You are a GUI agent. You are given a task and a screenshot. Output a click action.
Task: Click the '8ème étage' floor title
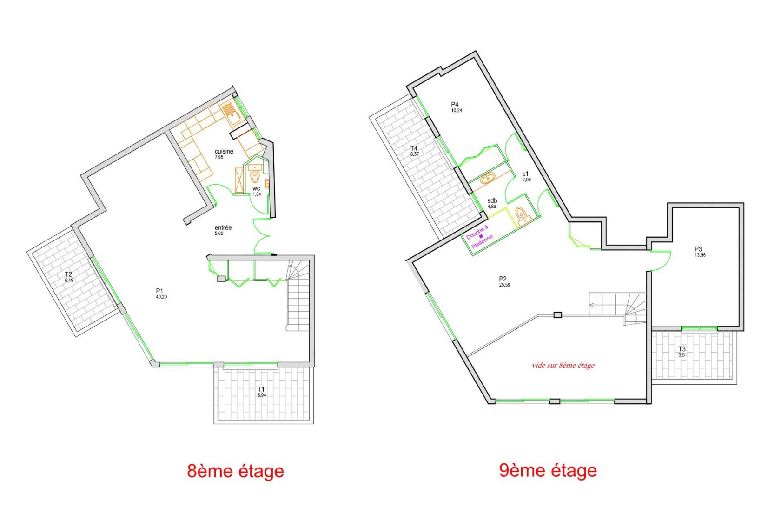tap(235, 471)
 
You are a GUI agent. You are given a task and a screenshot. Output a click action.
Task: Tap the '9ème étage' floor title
tap(548, 470)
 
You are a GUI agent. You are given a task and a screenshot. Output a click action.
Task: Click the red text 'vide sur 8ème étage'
tap(563, 365)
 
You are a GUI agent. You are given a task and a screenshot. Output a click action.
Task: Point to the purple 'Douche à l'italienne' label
tap(479, 237)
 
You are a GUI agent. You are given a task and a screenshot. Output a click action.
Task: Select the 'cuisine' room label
tap(224, 151)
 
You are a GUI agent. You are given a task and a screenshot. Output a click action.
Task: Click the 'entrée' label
tap(223, 227)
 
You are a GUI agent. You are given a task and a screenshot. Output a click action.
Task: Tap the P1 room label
tap(159, 291)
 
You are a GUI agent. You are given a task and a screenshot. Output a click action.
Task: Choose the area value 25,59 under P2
tap(504, 285)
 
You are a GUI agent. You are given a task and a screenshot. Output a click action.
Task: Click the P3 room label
tap(698, 249)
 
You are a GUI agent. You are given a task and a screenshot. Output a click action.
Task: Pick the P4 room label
tap(455, 104)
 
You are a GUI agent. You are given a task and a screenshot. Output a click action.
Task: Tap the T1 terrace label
tap(261, 389)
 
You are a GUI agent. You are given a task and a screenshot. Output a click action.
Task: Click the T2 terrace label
tap(68, 274)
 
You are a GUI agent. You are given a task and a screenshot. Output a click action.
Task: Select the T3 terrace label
tap(682, 349)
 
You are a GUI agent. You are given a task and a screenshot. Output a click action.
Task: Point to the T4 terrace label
tap(414, 148)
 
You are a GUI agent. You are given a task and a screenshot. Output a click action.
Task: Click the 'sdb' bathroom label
tap(492, 200)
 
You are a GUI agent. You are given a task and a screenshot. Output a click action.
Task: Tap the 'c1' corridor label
tap(525, 174)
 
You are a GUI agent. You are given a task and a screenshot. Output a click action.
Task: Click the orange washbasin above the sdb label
tap(487, 178)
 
